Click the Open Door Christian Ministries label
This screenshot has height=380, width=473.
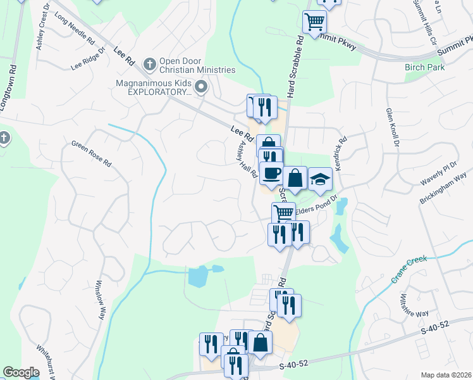click(x=197, y=65)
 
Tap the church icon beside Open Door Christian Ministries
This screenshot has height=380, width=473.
click(x=150, y=63)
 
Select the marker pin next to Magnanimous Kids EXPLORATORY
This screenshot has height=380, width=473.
click(x=202, y=87)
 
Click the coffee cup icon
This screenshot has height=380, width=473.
click(x=271, y=173)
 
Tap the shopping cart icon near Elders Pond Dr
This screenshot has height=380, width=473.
click(x=283, y=213)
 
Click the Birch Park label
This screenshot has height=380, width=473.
click(x=425, y=68)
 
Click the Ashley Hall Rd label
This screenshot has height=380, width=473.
click(x=245, y=159)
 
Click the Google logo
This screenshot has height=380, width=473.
click(x=21, y=373)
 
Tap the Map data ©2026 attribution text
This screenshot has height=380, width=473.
click(x=446, y=375)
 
